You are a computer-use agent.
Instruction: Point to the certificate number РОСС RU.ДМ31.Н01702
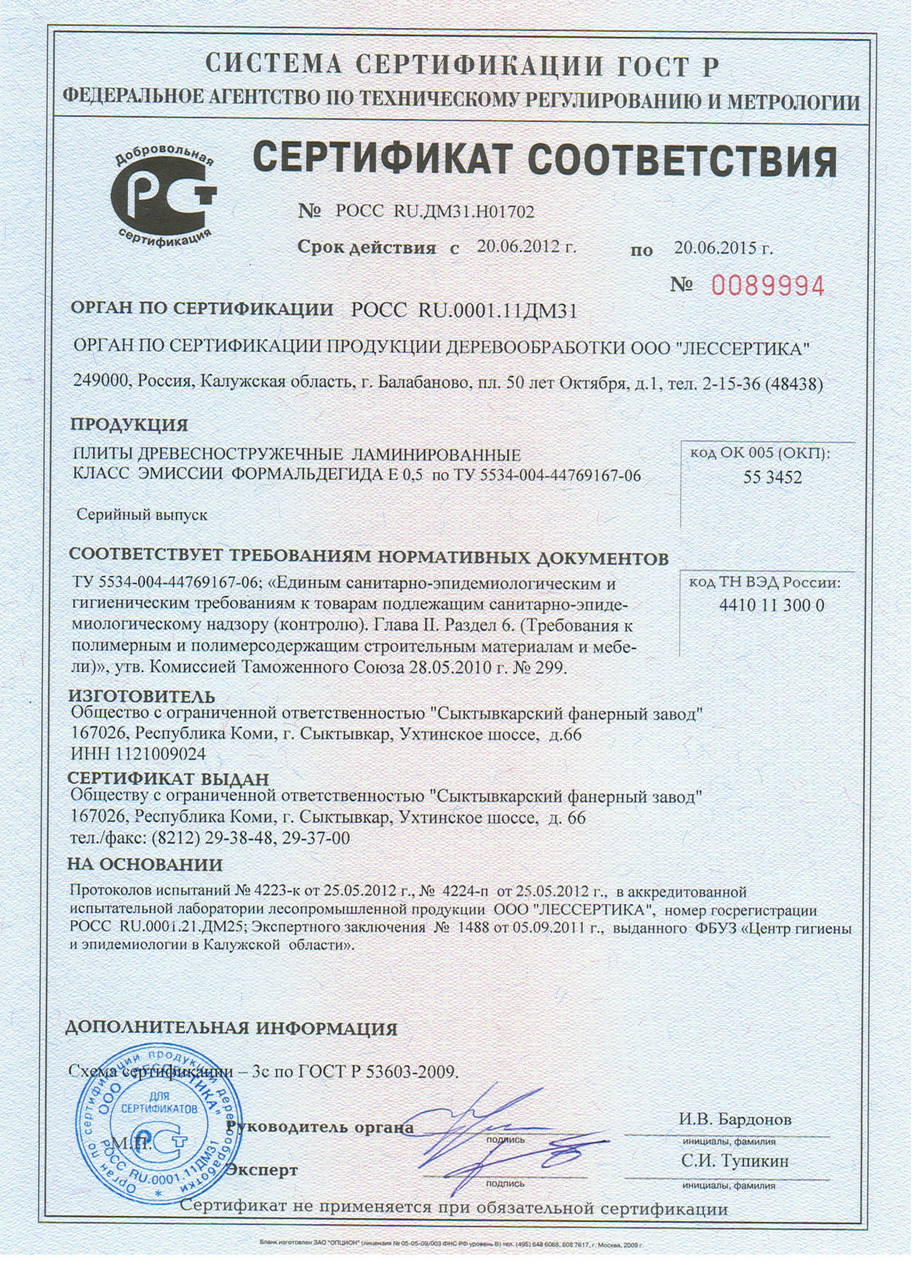(x=434, y=212)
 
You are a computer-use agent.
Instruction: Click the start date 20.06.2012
(x=526, y=248)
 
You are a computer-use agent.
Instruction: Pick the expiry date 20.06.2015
(x=723, y=248)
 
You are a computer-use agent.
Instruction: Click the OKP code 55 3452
(x=772, y=478)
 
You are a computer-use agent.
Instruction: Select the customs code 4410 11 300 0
(x=771, y=605)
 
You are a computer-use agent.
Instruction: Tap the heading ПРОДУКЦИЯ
(x=129, y=425)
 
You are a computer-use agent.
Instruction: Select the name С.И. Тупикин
(x=734, y=1161)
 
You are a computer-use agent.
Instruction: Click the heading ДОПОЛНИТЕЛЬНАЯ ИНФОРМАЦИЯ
(x=231, y=1028)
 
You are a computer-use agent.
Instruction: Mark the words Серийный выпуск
(x=143, y=515)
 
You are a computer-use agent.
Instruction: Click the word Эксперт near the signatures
(x=262, y=1169)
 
